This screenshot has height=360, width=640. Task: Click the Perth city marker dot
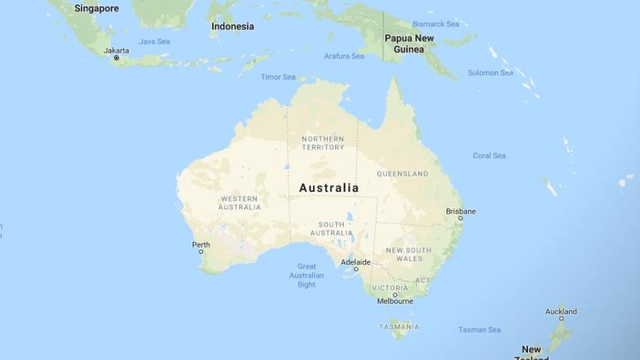coord(201,252)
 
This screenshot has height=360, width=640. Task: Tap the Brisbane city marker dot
coord(460,218)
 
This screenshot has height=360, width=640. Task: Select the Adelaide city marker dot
coord(355,270)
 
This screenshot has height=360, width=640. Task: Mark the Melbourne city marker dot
coord(395,294)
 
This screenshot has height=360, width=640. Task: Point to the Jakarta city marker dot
coord(116,58)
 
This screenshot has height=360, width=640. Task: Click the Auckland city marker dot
coord(561,318)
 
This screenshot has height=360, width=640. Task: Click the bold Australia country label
coord(329,188)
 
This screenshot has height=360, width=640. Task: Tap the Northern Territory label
coord(323,143)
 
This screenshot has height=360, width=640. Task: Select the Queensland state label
coord(403,174)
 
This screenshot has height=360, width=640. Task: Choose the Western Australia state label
coord(240,202)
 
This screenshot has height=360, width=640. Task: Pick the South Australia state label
coord(332,229)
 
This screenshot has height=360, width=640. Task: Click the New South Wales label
coord(408,254)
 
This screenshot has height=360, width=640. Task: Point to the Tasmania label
coord(399,326)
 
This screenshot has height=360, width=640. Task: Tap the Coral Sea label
coord(489,155)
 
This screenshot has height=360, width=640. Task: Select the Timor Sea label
coord(278,77)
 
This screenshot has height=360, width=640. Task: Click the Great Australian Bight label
coord(307,275)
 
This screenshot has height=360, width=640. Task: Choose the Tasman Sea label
coord(479,329)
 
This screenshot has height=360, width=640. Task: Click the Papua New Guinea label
coord(409,43)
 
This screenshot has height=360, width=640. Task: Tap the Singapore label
coord(96,8)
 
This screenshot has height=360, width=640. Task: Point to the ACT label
coord(423,280)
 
